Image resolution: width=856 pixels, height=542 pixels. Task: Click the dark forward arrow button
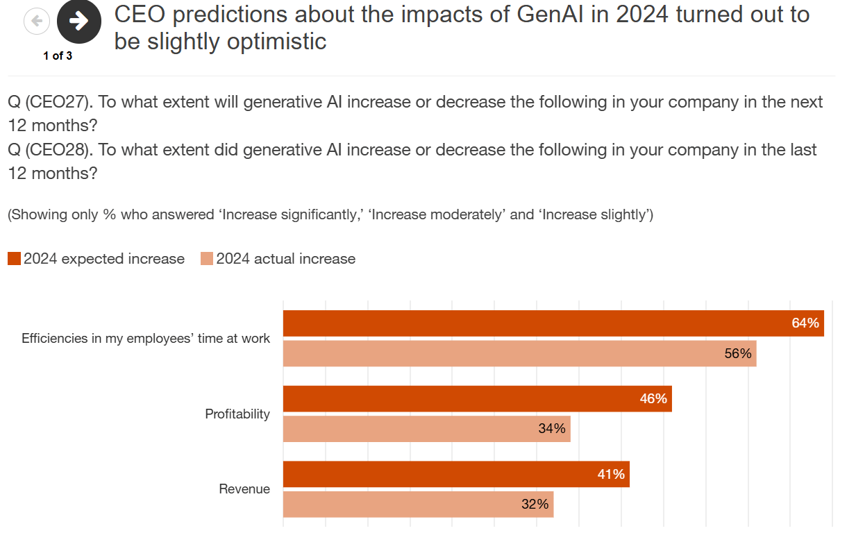[79, 22]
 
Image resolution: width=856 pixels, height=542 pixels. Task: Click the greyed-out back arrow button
[37, 22]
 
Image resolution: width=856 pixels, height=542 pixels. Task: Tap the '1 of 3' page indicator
[58, 56]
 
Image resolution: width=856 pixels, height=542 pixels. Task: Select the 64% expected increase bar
[553, 323]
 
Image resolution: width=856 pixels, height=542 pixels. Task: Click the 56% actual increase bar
[519, 353]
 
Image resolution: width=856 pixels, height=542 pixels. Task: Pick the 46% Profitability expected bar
[477, 399]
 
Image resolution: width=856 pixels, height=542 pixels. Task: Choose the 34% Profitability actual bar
[426, 429]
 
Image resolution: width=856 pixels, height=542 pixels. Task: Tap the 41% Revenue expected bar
[456, 474]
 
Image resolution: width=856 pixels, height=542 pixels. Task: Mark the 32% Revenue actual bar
[418, 505]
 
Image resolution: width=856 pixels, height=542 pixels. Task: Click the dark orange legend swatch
[15, 259]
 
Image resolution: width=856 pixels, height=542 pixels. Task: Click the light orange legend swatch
[207, 259]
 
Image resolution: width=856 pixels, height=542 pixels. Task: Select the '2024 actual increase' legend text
[285, 259]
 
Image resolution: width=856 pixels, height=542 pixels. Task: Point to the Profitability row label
[237, 414]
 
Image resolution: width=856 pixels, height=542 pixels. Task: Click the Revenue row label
[244, 489]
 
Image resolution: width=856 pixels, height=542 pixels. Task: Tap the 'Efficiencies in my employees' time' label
[146, 339]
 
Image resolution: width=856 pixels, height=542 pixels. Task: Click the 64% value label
[805, 323]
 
